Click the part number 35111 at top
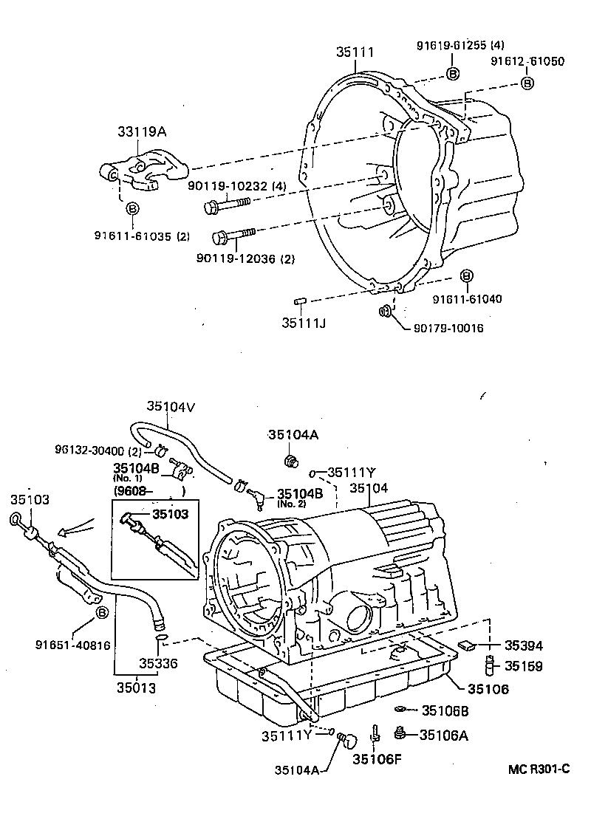click(x=355, y=52)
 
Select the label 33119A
click(x=141, y=132)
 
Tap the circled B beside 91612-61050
click(x=527, y=83)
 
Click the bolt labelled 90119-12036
click(x=233, y=236)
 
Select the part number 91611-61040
click(x=468, y=299)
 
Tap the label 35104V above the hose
click(x=170, y=405)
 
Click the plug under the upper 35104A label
click(x=292, y=462)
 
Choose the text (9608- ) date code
click(x=148, y=490)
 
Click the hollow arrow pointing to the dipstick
click(x=74, y=528)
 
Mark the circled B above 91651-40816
click(x=102, y=612)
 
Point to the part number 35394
click(x=523, y=645)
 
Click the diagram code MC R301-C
click(x=539, y=769)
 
